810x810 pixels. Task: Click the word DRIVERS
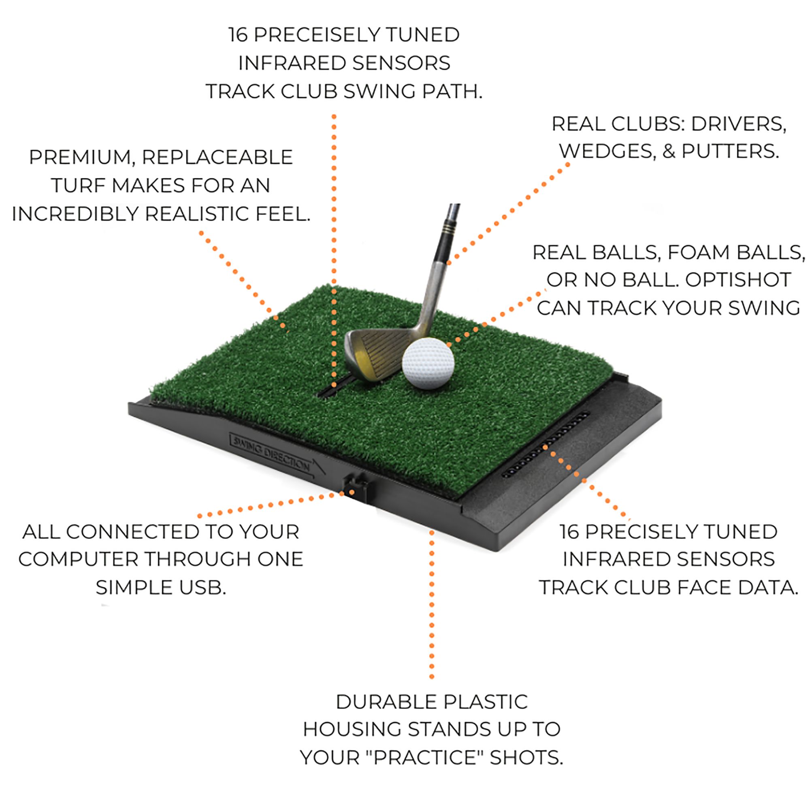738,124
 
